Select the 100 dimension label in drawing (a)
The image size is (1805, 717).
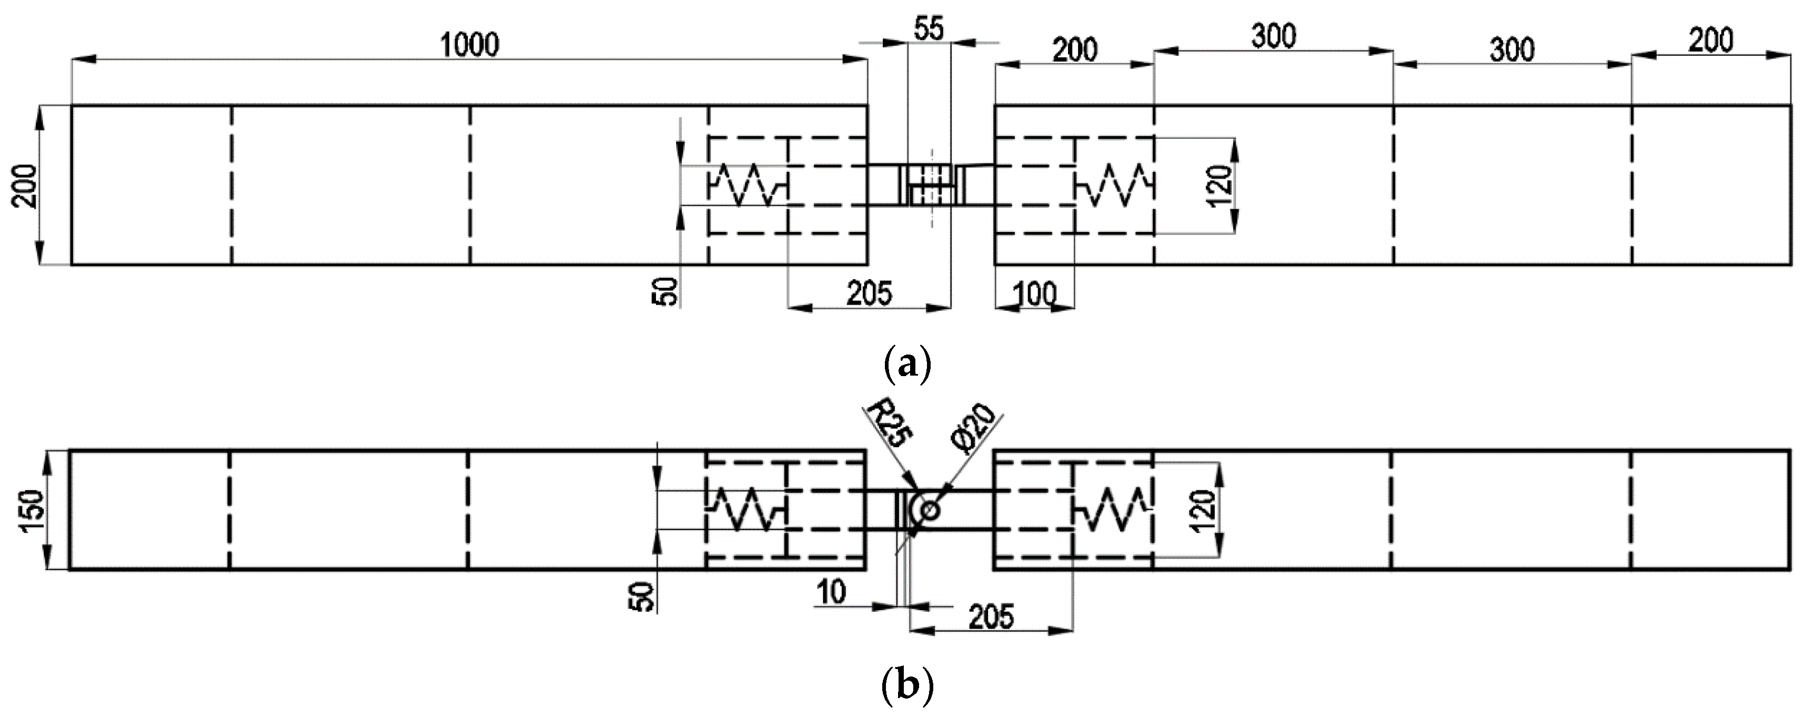click(1036, 295)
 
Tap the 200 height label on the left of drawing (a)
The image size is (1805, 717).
click(26, 186)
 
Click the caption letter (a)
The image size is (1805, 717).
click(907, 363)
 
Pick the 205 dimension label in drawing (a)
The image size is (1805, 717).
click(869, 294)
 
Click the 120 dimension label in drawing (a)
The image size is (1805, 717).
click(1219, 186)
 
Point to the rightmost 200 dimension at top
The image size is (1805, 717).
click(1710, 41)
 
